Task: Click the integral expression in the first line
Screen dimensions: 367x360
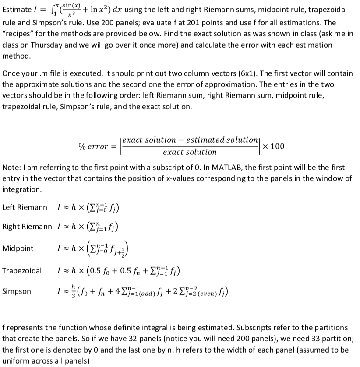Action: [x=81, y=10]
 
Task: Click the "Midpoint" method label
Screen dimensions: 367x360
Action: [x=18, y=248]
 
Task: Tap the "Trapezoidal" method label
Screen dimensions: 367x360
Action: [x=22, y=270]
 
